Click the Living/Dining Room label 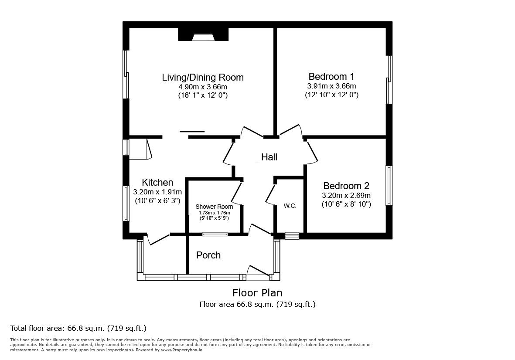click(203, 78)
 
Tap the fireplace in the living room click(204, 35)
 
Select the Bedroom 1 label click(331, 76)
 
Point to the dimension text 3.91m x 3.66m click(331, 86)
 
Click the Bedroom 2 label click(346, 186)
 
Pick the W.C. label click(290, 206)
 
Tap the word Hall click(269, 157)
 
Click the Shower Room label click(214, 207)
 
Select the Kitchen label click(157, 183)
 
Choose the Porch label click(208, 255)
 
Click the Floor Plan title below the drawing click(257, 292)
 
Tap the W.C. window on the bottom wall click(292, 236)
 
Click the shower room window click(215, 234)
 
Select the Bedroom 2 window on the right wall click(389, 185)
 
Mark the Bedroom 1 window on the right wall click(389, 79)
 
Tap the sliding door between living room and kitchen click(192, 131)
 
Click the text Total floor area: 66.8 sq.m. click(78, 328)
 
